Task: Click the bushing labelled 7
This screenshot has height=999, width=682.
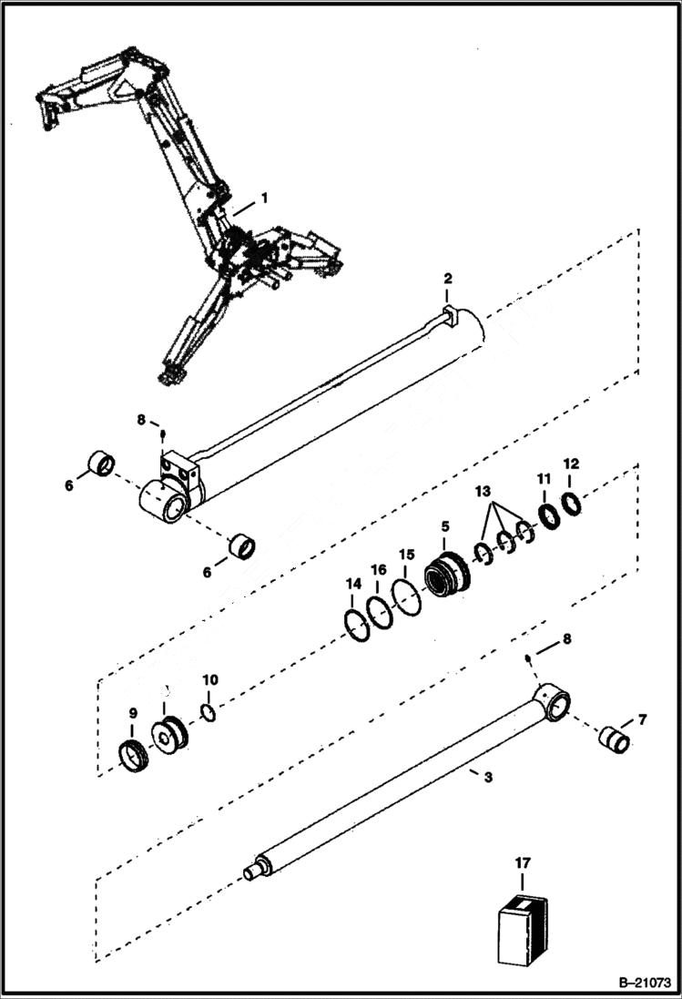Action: pyautogui.click(x=615, y=737)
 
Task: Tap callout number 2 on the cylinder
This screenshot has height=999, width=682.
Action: pyautogui.click(x=447, y=278)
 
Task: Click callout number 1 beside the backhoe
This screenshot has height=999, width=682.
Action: pyautogui.click(x=265, y=197)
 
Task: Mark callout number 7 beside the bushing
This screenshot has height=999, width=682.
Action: pyautogui.click(x=642, y=720)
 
